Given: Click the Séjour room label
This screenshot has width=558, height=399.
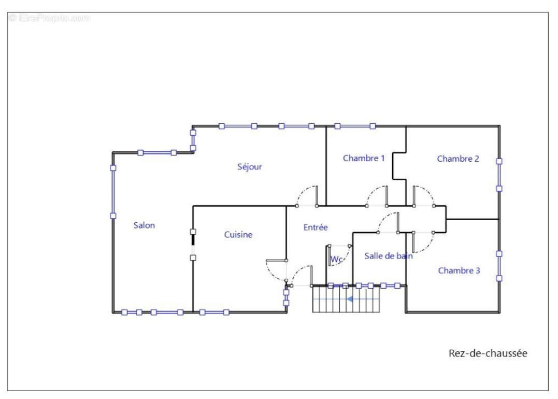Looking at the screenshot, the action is [249, 166].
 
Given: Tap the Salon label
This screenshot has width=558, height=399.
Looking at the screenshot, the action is [144, 225].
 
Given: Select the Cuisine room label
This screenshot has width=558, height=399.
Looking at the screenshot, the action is [238, 234].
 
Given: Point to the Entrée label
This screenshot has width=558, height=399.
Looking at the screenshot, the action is [316, 227].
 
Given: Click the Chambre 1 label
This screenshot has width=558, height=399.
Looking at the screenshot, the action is [364, 158].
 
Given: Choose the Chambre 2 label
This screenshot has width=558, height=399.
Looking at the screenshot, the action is [458, 159].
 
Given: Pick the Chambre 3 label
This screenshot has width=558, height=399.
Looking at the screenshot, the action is [459, 270].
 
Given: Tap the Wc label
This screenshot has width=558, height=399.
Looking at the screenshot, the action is [336, 259].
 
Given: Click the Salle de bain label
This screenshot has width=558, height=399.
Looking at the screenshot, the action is [389, 255].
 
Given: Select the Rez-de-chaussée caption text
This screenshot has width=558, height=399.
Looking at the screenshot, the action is [488, 353].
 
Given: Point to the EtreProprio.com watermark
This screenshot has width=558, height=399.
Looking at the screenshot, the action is [50, 18].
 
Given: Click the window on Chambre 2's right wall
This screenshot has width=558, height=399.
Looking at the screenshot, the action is [499, 175].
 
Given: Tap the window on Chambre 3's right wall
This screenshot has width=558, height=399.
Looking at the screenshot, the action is [499, 266].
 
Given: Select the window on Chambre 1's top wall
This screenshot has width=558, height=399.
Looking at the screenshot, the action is [355, 126].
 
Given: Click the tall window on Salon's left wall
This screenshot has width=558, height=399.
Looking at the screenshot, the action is [113, 192].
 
